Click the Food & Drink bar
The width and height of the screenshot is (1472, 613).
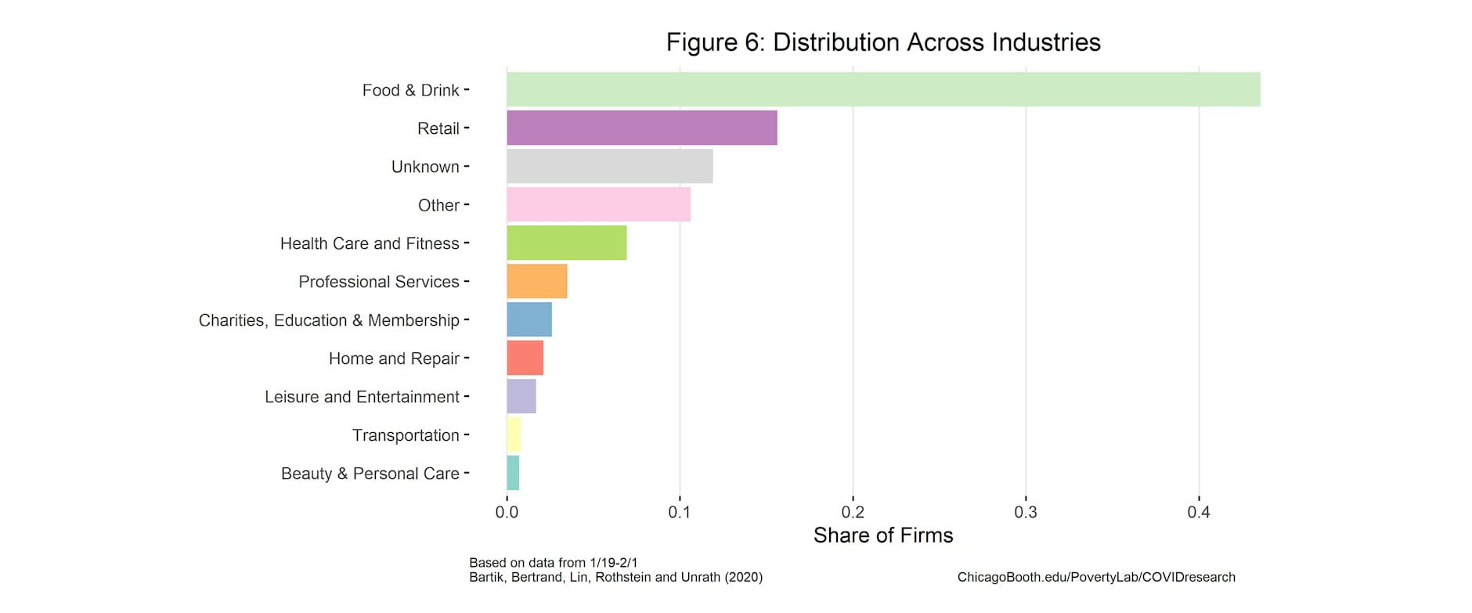pyautogui.click(x=883, y=89)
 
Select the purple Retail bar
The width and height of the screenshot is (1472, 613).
pyautogui.click(x=641, y=128)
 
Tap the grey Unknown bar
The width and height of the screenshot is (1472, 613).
pyautogui.click(x=609, y=166)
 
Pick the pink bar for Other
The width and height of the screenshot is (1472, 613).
pyautogui.click(x=598, y=204)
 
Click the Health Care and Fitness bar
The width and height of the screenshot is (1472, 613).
pyautogui.click(x=566, y=243)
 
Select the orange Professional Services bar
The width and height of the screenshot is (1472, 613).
pyautogui.click(x=536, y=281)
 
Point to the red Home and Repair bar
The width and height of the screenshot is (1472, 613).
pyautogui.click(x=525, y=358)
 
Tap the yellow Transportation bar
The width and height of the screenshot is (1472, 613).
pyautogui.click(x=514, y=435)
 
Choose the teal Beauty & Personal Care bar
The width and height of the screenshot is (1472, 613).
pyautogui.click(x=513, y=473)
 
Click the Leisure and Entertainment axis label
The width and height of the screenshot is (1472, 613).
pyautogui.click(x=362, y=397)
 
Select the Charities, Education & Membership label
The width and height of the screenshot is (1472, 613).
pyautogui.click(x=329, y=320)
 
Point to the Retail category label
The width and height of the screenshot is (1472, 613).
pyautogui.click(x=438, y=128)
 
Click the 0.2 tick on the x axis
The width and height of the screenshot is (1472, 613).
pyautogui.click(x=853, y=512)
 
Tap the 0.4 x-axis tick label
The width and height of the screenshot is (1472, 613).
pyautogui.click(x=1198, y=512)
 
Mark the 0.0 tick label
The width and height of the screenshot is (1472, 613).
pyautogui.click(x=507, y=512)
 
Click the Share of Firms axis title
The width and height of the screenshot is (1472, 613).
pyautogui.click(x=883, y=535)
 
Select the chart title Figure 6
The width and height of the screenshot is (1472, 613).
pyautogui.click(x=883, y=42)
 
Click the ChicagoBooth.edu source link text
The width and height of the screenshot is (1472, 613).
pyautogui.click(x=1095, y=577)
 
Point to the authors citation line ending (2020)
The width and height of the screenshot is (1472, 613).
pyautogui.click(x=615, y=577)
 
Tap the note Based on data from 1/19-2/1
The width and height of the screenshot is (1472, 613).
pyautogui.click(x=553, y=562)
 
